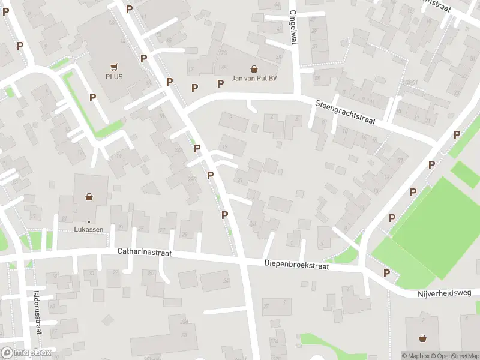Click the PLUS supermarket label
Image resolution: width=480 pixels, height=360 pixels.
[x=113, y=77]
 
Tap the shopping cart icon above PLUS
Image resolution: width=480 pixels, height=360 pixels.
[x=113, y=67]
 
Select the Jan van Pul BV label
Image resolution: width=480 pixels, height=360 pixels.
[x=254, y=79]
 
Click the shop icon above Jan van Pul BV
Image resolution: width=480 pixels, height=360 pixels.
[x=254, y=69]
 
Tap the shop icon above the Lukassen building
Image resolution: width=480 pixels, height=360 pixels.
[x=89, y=196]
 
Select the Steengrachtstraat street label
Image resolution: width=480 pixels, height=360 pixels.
[x=345, y=112]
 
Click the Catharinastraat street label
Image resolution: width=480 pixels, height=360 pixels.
[x=145, y=254]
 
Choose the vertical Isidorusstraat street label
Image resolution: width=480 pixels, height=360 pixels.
[x=37, y=311]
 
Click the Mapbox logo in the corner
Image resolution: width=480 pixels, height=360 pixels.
[x=26, y=353]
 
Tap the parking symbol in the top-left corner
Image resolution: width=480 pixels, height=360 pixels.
[x=5, y=11]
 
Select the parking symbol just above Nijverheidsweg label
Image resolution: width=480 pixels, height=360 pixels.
[x=387, y=274]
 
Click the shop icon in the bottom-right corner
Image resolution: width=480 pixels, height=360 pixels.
[x=423, y=338]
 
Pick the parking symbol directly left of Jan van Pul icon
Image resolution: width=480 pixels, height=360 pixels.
[x=220, y=83]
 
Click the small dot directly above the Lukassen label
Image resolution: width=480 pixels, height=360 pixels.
[x=88, y=222]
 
